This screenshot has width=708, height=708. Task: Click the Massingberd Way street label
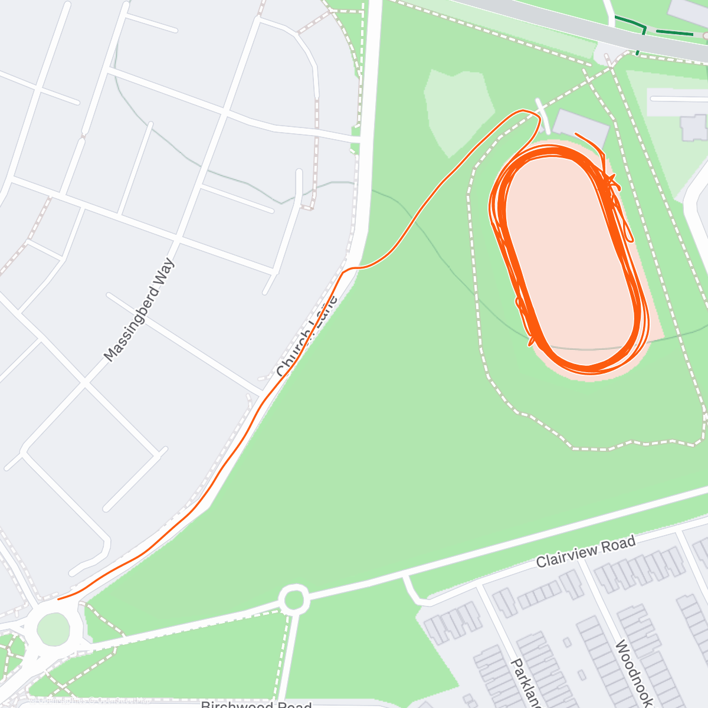[139, 310]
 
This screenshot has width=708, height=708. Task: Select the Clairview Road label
[585, 552]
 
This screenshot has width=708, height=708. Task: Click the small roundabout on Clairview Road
[293, 600]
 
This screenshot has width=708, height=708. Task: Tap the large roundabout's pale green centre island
[53, 629]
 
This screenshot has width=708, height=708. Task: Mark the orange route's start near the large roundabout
[59, 599]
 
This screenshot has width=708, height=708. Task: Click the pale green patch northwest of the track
[459, 109]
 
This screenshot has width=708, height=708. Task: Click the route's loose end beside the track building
[576, 135]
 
